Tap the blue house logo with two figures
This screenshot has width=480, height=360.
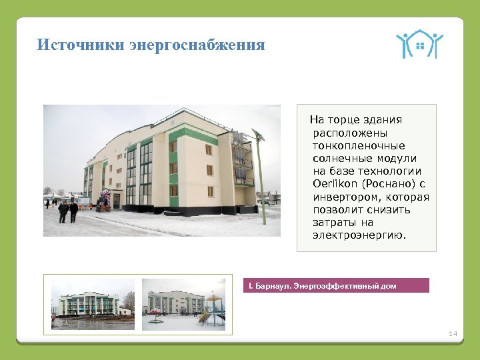click(x=419, y=45)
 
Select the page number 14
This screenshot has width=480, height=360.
click(x=453, y=333)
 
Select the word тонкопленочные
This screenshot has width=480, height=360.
click(x=359, y=145)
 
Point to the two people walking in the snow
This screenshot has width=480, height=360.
click(x=68, y=212)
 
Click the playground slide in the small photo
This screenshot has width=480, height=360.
click(x=212, y=313)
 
